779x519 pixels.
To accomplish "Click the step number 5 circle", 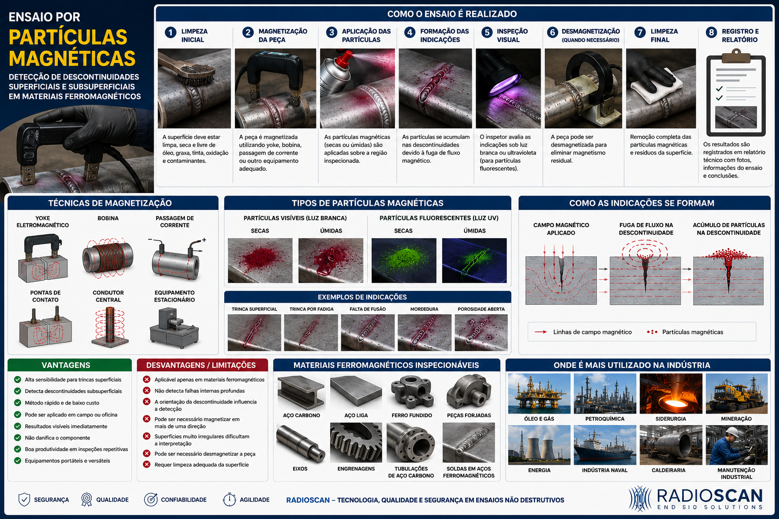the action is coord(487,32).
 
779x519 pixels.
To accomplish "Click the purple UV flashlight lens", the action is coord(505,85).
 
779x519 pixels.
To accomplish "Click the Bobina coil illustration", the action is coord(108,258).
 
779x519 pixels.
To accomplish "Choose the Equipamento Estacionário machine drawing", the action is coord(174,328).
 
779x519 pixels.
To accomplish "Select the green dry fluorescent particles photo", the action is coord(404,261).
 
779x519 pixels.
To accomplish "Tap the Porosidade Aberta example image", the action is coord(481,332).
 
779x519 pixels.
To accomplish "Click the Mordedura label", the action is coord(424,309).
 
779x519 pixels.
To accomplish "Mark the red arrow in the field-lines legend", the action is coord(541,332).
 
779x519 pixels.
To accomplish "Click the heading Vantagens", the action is coord(66,365).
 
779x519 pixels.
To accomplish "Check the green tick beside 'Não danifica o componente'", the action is coord(17,438).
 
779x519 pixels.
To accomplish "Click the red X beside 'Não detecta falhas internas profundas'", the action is coord(147,391).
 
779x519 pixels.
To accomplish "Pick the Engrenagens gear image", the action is coord(356,442).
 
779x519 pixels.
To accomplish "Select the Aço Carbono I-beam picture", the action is coord(301,392).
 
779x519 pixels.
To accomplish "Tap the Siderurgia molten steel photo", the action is coord(671,393).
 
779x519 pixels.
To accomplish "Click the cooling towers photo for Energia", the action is coord(539,445).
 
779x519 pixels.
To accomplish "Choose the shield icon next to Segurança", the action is coord(24,500).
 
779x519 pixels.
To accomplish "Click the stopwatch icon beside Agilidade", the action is coord(229,499).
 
